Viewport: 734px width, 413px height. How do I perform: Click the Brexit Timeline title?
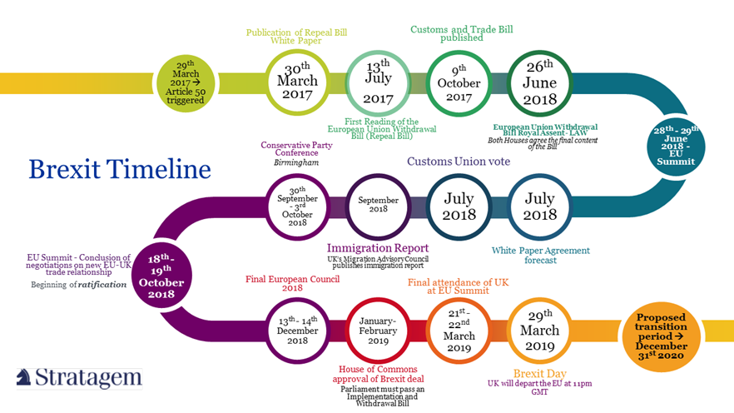tap(120, 169)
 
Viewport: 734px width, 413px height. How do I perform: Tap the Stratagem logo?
tap(79, 378)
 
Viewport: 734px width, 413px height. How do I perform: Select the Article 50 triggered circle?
tap(186, 83)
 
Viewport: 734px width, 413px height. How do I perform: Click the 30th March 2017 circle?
tap(297, 82)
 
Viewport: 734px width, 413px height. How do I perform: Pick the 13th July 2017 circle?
tap(378, 82)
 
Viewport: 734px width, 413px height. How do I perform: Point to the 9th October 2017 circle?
tap(459, 83)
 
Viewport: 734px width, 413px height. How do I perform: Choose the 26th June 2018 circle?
tap(540, 83)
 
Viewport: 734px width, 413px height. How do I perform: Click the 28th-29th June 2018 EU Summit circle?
tap(676, 146)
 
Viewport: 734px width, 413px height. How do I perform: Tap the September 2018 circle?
tap(378, 206)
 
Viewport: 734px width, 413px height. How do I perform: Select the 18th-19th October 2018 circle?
tap(161, 275)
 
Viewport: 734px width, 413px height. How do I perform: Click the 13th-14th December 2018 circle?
tap(297, 331)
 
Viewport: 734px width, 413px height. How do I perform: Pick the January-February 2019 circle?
tap(378, 331)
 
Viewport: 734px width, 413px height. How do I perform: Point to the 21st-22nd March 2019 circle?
tap(459, 331)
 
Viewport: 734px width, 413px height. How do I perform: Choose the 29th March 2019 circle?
tap(540, 331)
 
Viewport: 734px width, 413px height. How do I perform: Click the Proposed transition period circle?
tap(661, 336)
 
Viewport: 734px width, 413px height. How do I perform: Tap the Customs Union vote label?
tap(459, 162)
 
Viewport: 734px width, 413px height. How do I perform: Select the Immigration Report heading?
tap(378, 247)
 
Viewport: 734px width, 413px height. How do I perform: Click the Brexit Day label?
tap(540, 373)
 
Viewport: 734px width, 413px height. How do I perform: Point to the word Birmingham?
tap(296, 162)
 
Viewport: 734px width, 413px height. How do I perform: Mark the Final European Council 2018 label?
tap(293, 283)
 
